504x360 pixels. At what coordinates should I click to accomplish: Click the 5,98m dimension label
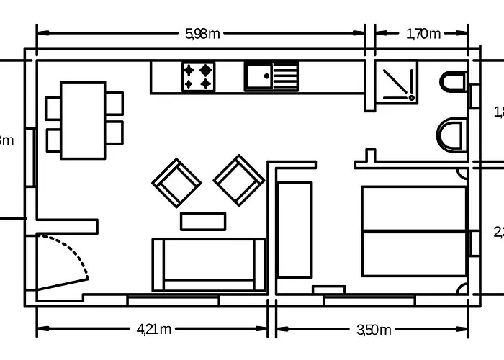[202, 33]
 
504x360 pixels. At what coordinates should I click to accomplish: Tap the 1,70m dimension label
[423, 33]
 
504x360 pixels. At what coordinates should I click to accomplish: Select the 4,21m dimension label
[153, 330]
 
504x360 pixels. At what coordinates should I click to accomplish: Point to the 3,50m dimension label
[374, 330]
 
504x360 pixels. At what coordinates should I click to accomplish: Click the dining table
[83, 120]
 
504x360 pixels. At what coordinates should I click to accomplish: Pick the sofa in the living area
[209, 265]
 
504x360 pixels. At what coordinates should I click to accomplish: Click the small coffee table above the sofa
[203, 221]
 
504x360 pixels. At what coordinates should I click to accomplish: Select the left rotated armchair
[176, 183]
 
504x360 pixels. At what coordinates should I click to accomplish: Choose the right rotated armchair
[239, 180]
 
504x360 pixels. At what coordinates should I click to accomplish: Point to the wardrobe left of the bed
[294, 230]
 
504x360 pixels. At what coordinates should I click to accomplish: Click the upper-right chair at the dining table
[114, 102]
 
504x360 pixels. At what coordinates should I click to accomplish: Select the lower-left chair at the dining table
[53, 140]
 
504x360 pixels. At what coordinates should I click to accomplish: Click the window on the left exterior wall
[31, 158]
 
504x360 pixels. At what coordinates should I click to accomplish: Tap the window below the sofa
[173, 300]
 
